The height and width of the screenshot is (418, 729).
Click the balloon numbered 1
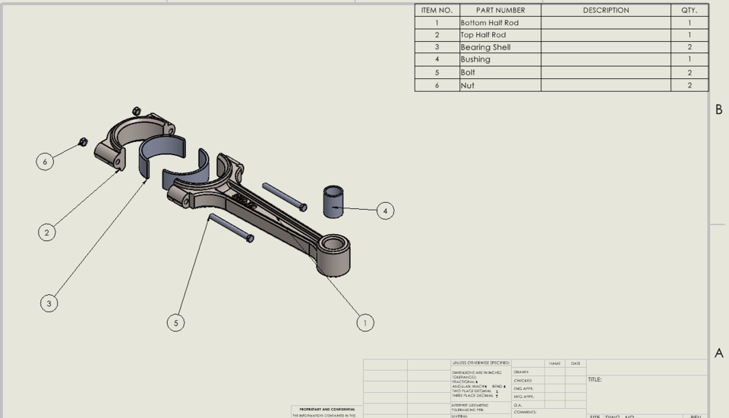365,323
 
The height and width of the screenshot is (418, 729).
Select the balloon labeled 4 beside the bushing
385,211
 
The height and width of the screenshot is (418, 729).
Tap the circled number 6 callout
46,161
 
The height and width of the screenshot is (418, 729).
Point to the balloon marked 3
49,303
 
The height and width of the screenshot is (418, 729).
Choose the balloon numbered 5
176,323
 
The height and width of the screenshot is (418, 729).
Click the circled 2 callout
47,233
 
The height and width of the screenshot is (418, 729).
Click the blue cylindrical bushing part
333,199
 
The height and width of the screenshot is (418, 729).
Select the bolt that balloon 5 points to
230,227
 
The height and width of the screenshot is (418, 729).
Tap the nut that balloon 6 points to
84,142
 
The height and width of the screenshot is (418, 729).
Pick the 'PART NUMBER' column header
500,11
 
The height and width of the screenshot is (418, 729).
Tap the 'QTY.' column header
689,11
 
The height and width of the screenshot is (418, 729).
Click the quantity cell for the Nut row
689,86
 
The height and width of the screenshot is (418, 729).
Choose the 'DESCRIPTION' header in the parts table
605,11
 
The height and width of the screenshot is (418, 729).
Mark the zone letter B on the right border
718,110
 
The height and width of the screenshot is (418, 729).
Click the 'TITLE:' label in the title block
595,379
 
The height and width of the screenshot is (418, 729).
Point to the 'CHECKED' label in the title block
522,381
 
